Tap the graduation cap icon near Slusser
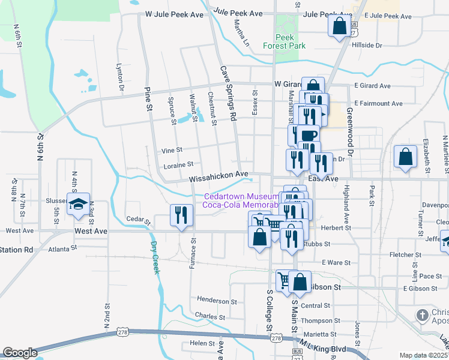(x=78, y=204)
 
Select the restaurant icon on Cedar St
(x=181, y=215)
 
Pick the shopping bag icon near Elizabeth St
(x=406, y=157)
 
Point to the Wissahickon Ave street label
(x=218, y=178)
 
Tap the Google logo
(x=20, y=352)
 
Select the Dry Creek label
(x=155, y=257)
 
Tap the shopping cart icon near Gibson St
(x=284, y=280)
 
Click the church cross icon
(x=423, y=314)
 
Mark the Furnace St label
(x=193, y=253)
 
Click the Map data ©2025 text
(x=423, y=355)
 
